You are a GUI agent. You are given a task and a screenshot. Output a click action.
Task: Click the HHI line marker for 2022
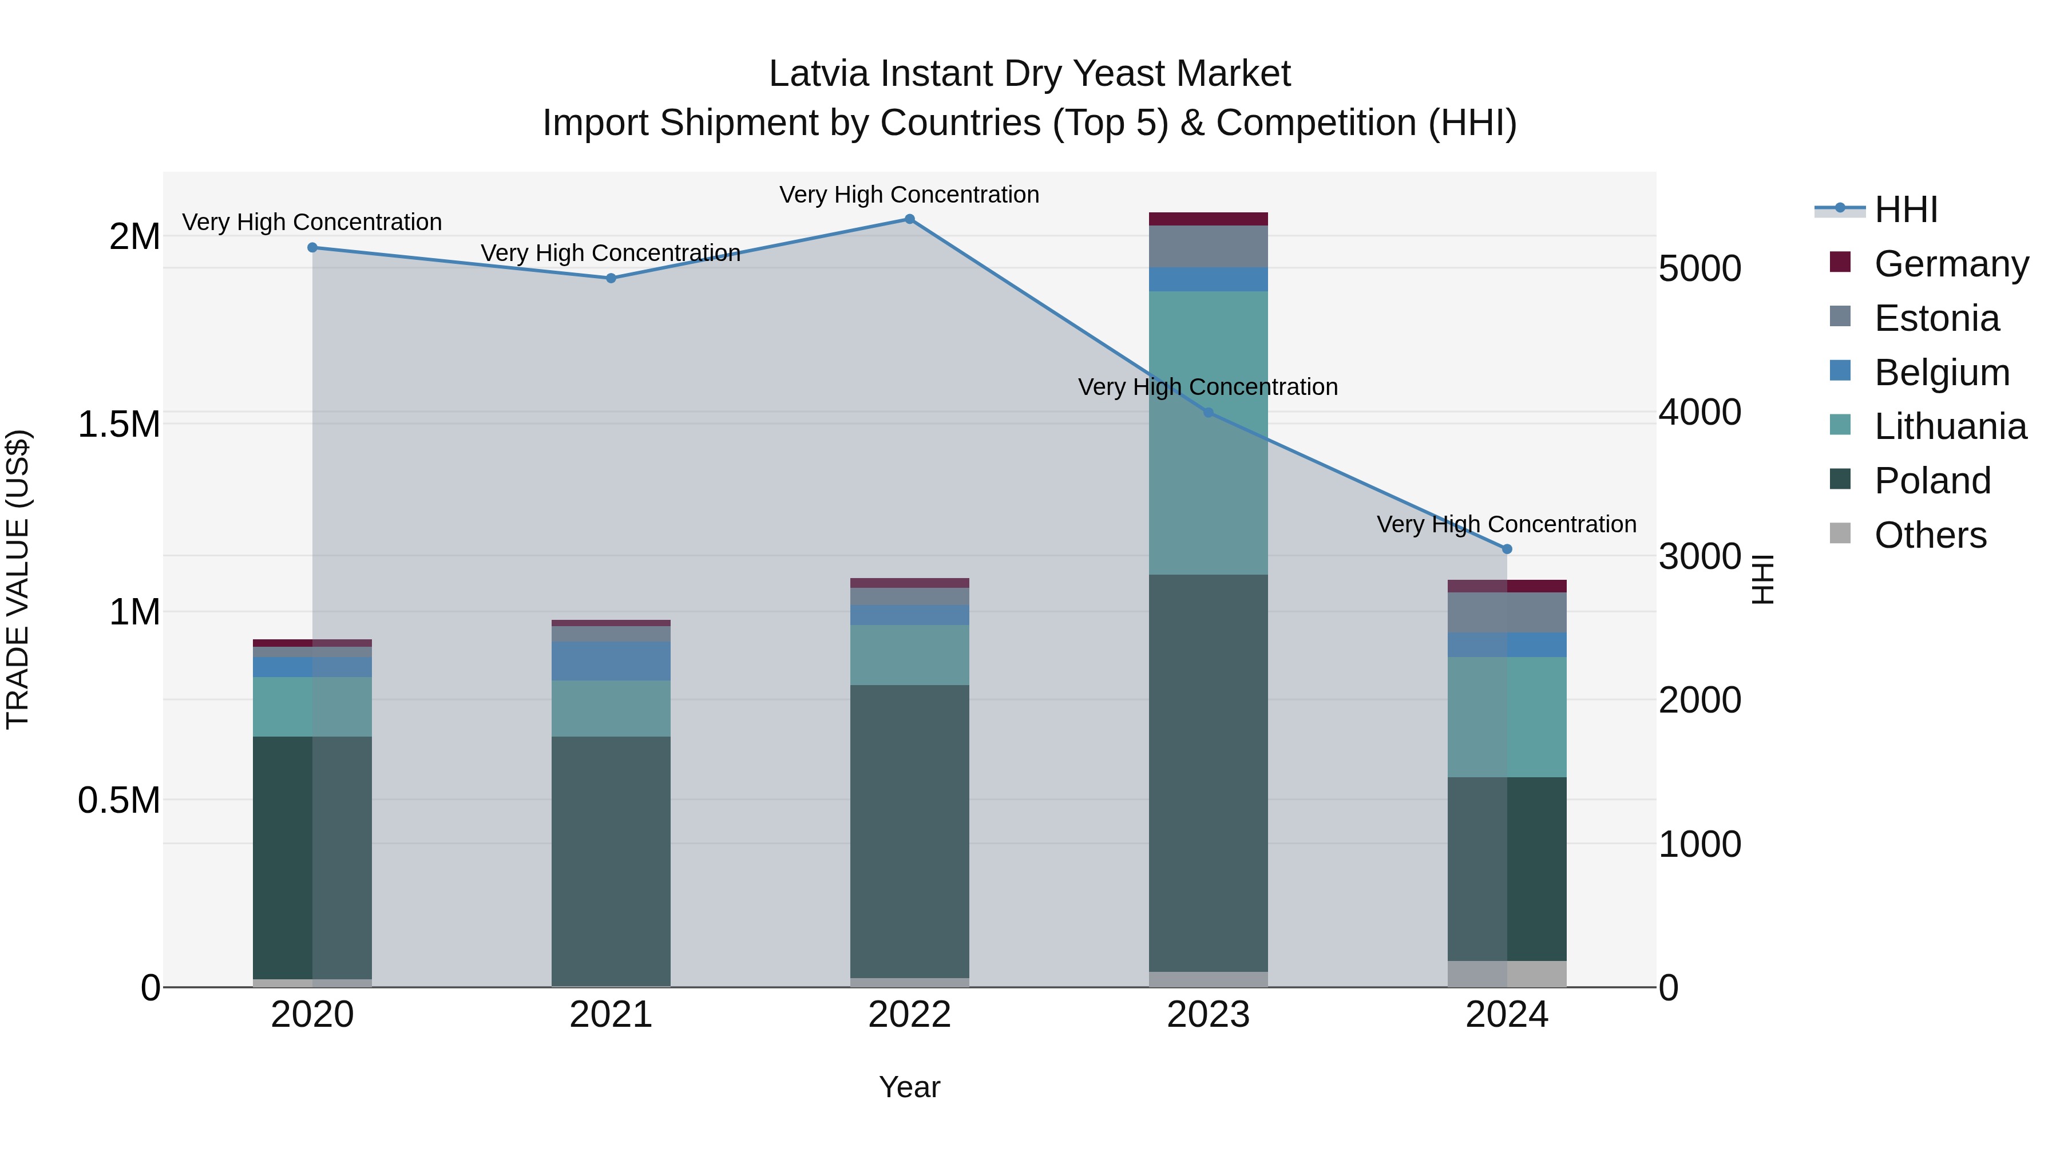(909, 219)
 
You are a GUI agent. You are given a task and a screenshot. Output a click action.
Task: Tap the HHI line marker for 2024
(1507, 549)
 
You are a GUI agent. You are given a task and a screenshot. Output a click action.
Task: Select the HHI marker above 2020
(312, 248)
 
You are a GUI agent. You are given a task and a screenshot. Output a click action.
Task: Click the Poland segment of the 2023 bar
(1209, 772)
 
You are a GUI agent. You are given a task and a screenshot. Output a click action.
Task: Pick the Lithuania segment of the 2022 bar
(909, 654)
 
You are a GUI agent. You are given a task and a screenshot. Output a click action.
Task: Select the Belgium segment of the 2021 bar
(611, 660)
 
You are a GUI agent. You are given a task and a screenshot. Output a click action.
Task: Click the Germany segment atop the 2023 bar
(1209, 219)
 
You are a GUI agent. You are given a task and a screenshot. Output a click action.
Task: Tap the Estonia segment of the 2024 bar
(1507, 612)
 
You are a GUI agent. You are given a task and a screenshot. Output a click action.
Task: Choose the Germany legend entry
(1951, 264)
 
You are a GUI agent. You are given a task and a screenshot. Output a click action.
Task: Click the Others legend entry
(1930, 535)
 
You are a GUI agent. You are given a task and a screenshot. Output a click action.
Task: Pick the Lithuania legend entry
(1950, 426)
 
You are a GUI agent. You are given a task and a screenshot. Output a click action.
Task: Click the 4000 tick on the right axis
(1699, 413)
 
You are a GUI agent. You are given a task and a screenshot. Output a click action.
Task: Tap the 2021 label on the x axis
(611, 1015)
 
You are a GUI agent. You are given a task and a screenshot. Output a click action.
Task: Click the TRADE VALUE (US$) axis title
(18, 579)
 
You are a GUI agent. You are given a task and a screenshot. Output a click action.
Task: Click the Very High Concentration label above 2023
(1207, 387)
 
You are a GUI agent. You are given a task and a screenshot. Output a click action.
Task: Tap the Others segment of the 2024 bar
(1507, 974)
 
